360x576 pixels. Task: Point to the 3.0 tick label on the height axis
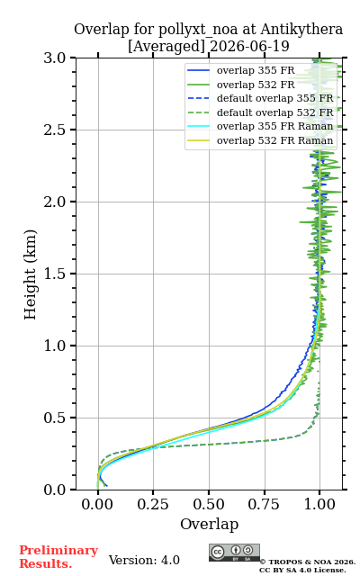55,58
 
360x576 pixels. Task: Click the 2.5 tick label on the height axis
55,130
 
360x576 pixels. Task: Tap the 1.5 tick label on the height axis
55,274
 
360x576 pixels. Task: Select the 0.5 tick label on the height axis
55,418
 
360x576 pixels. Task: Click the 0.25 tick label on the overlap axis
153,504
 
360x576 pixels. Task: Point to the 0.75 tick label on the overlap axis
264,504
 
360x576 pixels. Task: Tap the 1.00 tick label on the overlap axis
319,504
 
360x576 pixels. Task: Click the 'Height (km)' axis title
30,274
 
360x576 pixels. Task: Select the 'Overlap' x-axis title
209,524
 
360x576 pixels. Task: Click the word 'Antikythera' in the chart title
301,30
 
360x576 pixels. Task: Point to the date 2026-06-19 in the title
249,46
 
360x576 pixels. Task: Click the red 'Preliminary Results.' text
58,557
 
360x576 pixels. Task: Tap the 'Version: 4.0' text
144,560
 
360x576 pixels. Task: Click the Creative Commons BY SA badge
234,553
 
